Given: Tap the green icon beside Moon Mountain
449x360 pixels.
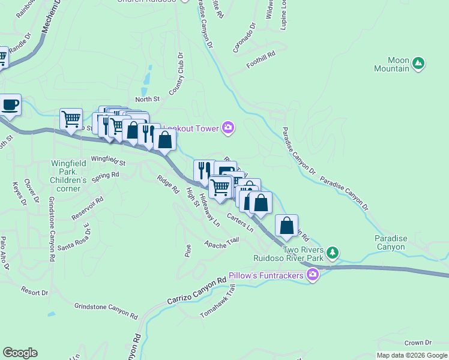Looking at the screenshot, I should tap(419, 62).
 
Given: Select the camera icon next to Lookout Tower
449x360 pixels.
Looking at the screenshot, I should tap(228, 127).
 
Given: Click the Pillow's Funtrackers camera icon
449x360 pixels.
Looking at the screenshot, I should tap(313, 275).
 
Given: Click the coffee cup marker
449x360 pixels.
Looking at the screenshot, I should tap(10, 106).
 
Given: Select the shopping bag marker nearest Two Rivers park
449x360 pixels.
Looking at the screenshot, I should tap(287, 226).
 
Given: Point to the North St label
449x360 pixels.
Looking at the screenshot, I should tap(148, 98).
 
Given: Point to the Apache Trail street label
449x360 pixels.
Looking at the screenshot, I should tap(221, 243).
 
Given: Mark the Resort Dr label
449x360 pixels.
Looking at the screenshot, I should tap(34, 292).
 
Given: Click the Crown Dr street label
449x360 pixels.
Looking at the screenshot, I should tap(418, 343).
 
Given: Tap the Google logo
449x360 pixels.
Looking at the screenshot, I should tap(20, 353).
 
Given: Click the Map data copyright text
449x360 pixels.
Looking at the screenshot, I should tap(412, 355).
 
